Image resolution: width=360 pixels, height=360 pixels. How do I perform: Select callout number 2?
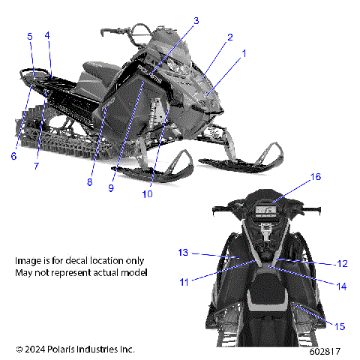(229, 37)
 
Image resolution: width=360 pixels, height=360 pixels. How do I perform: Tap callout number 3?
(196, 20)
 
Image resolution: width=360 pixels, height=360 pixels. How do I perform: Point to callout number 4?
(47, 35)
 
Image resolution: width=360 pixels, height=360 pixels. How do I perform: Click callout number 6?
(13, 156)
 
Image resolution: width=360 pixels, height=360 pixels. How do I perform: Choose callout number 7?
(35, 165)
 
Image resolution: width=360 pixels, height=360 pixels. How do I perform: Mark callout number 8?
(89, 181)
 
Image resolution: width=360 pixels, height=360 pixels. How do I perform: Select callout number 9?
(110, 188)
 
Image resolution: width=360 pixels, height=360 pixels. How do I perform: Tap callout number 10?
(147, 193)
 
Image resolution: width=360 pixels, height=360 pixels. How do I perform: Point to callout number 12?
(341, 263)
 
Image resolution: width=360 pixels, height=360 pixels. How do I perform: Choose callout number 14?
(341, 286)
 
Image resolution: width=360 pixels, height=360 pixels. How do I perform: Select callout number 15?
(340, 326)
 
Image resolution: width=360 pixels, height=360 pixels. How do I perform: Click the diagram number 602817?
(326, 350)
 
